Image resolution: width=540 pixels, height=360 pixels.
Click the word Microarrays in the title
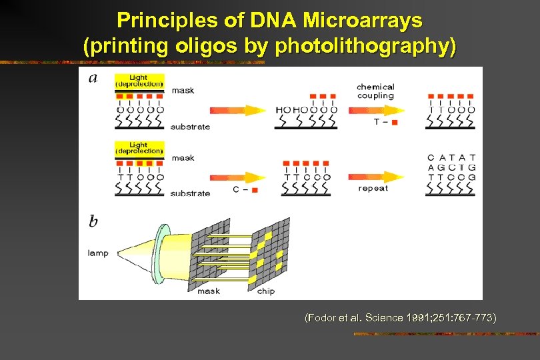tap(362, 21)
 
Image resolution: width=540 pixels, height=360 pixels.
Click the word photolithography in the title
tap(365, 47)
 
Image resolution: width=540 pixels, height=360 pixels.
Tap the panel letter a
tap(93, 79)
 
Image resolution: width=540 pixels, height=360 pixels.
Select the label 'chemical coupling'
tap(375, 91)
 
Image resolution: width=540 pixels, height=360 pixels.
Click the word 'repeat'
tap(373, 189)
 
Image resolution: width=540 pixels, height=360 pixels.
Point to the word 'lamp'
tap(98, 253)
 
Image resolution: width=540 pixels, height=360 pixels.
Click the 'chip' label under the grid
tap(265, 291)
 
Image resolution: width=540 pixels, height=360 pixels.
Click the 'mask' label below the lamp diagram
tap(209, 291)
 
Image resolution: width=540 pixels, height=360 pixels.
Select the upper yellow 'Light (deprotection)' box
tap(139, 81)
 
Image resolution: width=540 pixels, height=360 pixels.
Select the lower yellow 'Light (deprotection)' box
tap(139, 147)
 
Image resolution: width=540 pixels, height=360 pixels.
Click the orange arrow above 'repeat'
tap(377, 177)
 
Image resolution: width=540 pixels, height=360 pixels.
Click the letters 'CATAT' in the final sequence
tap(451, 158)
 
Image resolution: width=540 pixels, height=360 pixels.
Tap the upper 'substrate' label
tap(190, 127)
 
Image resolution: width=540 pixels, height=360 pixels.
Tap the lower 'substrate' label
tap(190, 193)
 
